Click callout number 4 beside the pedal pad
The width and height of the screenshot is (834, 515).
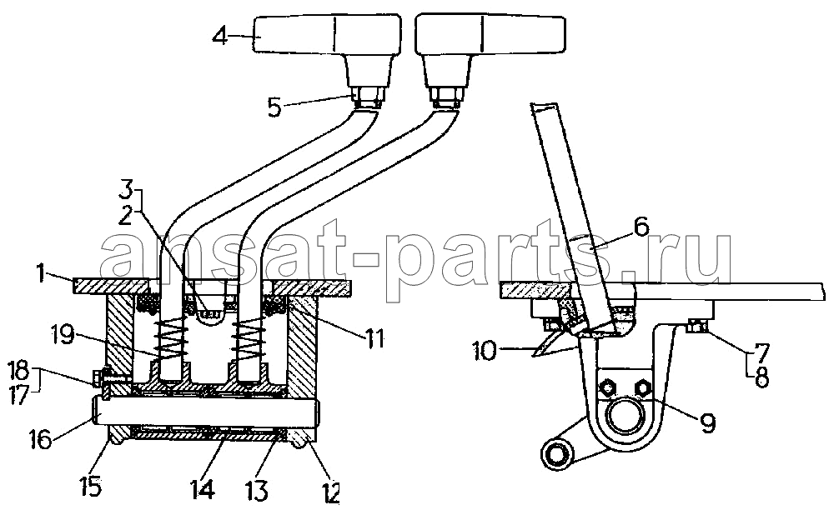[x=220, y=36]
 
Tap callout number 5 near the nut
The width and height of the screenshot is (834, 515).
[x=274, y=107]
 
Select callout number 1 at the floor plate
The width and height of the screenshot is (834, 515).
[x=41, y=273]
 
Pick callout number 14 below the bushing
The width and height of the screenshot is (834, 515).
[x=203, y=489]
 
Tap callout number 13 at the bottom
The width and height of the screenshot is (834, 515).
[x=257, y=490]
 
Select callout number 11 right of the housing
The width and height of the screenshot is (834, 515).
[x=374, y=338]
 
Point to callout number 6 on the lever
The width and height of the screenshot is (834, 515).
[x=641, y=227]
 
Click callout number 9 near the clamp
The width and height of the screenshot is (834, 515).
[x=707, y=422]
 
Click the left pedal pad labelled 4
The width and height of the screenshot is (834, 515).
[x=327, y=33]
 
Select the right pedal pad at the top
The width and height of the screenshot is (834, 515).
[x=490, y=33]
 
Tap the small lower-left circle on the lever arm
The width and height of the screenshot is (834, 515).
[x=555, y=454]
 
